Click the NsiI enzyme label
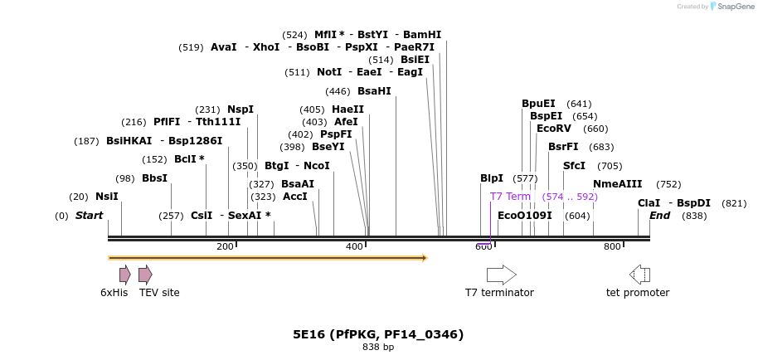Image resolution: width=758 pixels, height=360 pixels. click(x=107, y=197)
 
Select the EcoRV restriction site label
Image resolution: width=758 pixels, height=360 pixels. click(x=554, y=129)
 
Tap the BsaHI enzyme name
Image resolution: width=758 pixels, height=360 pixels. click(x=374, y=91)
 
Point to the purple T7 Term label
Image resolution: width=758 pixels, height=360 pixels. click(x=510, y=197)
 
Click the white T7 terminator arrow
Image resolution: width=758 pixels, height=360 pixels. click(x=501, y=275)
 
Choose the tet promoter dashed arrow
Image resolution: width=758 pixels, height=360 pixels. click(x=639, y=275)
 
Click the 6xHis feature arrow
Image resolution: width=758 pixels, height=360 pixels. click(x=124, y=275)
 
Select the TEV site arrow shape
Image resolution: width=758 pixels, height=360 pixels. click(x=145, y=275)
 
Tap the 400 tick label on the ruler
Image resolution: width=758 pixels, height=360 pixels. click(x=354, y=246)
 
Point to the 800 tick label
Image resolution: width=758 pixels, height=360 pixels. click(x=612, y=246)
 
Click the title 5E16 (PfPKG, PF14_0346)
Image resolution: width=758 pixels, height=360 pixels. click(x=378, y=334)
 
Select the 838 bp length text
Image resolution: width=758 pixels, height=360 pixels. click(x=378, y=347)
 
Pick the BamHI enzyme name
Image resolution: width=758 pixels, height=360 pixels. click(x=422, y=35)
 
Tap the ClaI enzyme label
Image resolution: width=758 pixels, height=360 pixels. click(x=649, y=203)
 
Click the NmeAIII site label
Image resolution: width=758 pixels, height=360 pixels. click(x=618, y=184)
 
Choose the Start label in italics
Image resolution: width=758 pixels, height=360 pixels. click(x=90, y=216)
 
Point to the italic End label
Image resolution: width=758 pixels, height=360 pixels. click(x=660, y=216)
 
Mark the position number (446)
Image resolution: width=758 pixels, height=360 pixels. click(x=338, y=91)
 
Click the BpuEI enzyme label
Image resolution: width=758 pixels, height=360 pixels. click(x=538, y=104)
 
